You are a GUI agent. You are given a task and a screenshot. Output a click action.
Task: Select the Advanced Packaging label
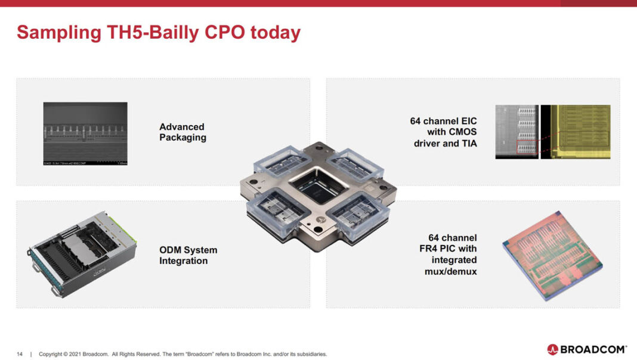[183, 132]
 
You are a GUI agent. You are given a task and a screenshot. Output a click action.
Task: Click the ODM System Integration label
[188, 255]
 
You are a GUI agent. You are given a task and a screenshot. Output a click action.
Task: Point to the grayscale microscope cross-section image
[85, 134]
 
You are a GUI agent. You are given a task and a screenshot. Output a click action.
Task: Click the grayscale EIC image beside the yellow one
[517, 132]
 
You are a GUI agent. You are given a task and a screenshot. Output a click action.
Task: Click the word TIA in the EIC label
[468, 143]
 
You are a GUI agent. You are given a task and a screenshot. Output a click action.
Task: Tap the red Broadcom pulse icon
[552, 349]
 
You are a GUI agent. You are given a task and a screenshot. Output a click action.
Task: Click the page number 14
[20, 354]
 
